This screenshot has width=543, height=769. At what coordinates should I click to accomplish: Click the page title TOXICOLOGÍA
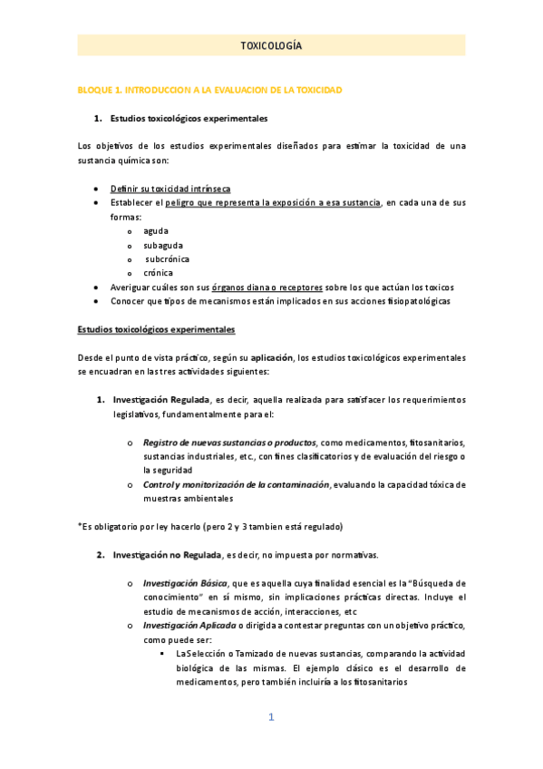pos(271,45)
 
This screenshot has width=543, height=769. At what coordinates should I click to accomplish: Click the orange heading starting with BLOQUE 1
pos(209,92)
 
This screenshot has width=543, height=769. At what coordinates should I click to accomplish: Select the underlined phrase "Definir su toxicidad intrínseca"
pos(170,189)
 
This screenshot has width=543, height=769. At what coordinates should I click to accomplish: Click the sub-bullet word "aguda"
pos(156,230)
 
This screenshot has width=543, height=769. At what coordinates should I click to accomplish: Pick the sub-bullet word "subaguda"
pos(161,245)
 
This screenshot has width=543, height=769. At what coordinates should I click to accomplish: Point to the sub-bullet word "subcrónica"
pos(166,258)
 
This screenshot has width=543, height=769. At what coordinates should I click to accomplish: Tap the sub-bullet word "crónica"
pos(158,272)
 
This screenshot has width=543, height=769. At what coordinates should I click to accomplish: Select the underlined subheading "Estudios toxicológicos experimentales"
pos(156,328)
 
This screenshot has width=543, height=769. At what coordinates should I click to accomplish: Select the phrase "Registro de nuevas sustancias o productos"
pos(229,443)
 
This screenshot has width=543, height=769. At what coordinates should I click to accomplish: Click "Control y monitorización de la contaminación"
pos(236,484)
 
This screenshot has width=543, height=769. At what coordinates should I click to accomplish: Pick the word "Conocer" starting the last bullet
pos(128,300)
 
